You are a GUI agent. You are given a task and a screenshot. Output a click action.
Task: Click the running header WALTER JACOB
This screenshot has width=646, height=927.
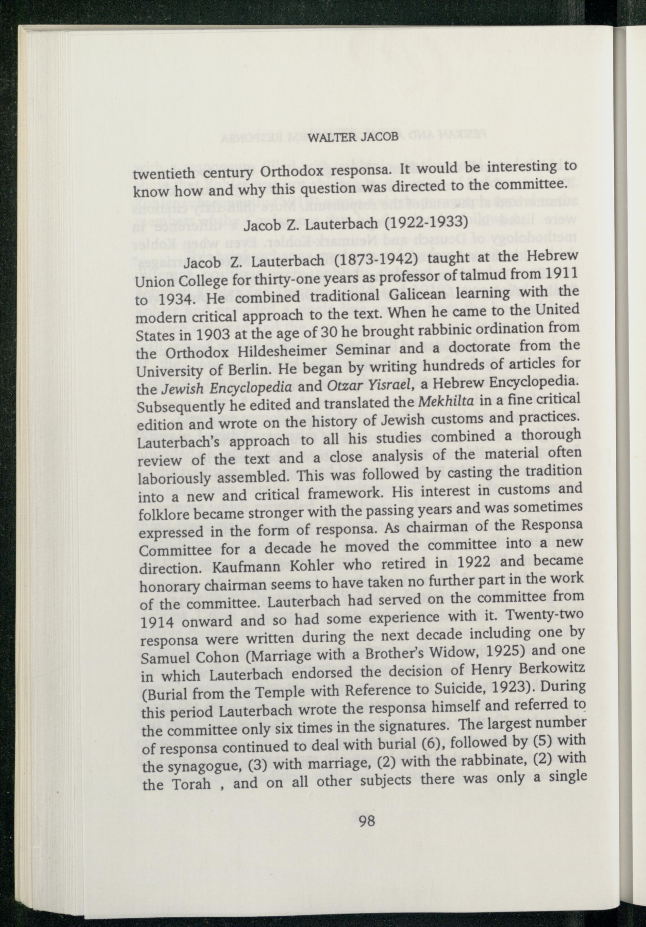[353, 137]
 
